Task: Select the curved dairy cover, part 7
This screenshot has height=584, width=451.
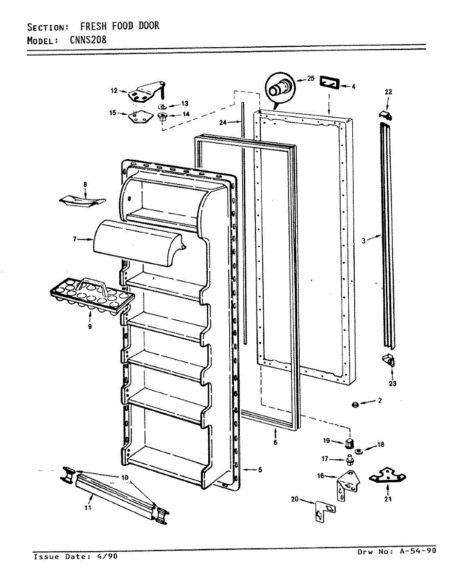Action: (139, 242)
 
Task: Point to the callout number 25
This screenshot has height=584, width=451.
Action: (311, 78)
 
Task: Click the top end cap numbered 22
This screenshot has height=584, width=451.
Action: (386, 115)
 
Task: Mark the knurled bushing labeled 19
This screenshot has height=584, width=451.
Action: (348, 443)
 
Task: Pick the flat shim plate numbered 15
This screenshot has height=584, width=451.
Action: (137, 117)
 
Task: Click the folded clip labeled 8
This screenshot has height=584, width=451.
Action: (83, 201)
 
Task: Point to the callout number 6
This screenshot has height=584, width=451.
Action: (275, 442)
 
